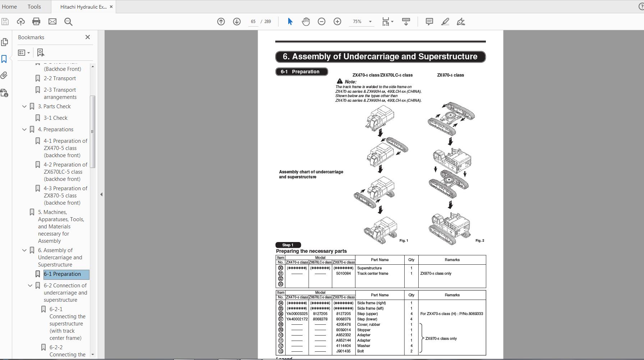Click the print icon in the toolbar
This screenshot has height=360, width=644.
click(x=36, y=22)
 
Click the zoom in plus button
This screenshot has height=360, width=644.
click(x=337, y=22)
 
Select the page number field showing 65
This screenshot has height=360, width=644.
click(x=253, y=22)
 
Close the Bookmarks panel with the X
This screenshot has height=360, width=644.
click(x=88, y=37)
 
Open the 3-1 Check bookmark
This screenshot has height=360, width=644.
click(x=55, y=118)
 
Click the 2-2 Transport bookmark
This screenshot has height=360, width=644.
click(x=60, y=78)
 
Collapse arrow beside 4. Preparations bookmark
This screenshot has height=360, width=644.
click(x=24, y=129)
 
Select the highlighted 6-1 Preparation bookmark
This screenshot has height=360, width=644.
click(x=62, y=274)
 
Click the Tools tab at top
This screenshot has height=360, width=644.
click(x=34, y=6)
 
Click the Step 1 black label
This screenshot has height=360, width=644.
click(x=288, y=245)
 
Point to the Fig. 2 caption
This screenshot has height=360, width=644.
click(x=479, y=241)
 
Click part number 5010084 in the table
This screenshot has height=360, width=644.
click(x=343, y=274)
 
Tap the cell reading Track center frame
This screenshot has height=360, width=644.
click(x=373, y=274)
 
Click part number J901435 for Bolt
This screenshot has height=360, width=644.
click(x=343, y=351)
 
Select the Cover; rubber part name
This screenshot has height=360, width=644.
click(x=369, y=324)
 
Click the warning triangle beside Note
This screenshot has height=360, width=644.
click(x=340, y=81)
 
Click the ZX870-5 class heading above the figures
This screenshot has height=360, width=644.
click(x=450, y=75)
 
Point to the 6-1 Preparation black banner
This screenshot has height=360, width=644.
click(x=302, y=72)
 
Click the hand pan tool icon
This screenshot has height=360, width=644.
click(x=306, y=22)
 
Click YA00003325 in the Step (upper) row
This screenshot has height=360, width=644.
click(x=297, y=314)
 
